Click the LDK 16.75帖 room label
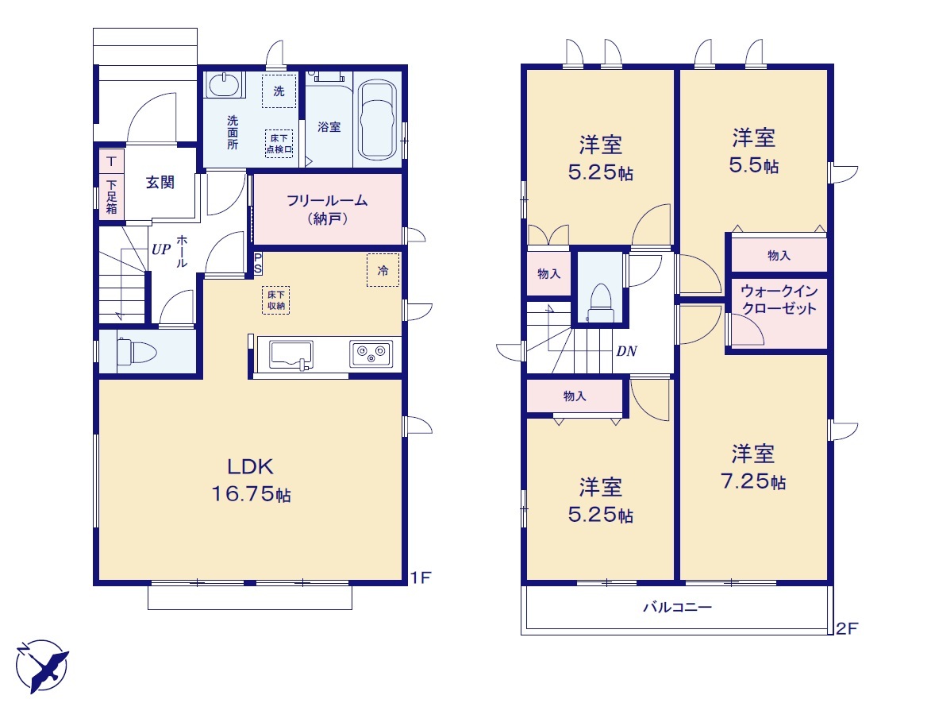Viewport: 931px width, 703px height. click(251, 480)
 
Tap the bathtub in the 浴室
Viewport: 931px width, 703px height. click(378, 120)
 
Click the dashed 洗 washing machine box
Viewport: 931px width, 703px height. click(279, 91)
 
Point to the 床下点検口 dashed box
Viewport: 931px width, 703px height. click(279, 143)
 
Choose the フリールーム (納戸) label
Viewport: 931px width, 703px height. click(327, 209)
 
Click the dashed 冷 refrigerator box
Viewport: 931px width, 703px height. click(383, 270)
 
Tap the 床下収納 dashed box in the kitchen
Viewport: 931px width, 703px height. click(276, 300)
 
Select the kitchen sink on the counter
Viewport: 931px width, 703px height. click(291, 355)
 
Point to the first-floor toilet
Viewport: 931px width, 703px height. click(136, 353)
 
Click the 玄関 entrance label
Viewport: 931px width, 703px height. click(160, 182)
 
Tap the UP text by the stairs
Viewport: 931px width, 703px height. click(161, 249)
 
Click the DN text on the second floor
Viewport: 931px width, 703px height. click(626, 351)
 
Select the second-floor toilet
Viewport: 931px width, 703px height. click(600, 303)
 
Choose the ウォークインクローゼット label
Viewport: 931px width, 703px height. click(779, 299)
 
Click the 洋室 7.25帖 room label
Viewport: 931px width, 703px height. click(753, 467)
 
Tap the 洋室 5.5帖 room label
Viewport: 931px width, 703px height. click(753, 151)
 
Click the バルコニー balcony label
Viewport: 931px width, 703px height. click(678, 608)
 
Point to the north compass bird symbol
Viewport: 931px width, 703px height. click(42, 666)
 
